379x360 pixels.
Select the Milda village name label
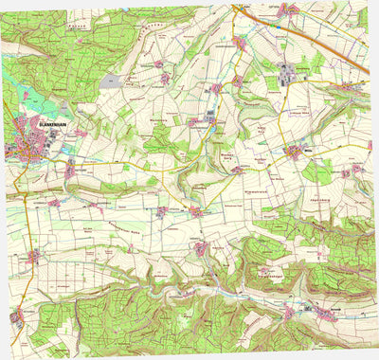(306, 150)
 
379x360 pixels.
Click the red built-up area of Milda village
(295, 152)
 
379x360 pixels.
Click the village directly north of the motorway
(289, 9)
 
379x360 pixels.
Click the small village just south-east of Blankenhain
(71, 170)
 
